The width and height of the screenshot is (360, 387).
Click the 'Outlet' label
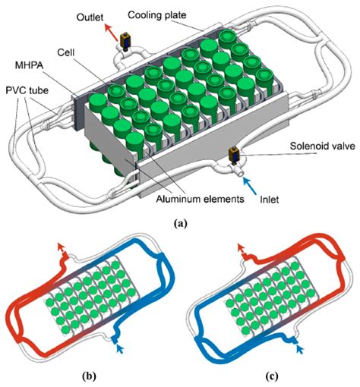click(90, 17)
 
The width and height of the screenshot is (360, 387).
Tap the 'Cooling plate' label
click(157, 15)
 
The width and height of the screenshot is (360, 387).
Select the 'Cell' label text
click(66, 52)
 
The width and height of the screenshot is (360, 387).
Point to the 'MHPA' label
click(30, 65)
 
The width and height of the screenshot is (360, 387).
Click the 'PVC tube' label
click(27, 90)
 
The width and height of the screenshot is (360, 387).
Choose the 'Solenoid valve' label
click(323, 146)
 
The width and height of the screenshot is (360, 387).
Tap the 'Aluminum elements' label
click(200, 199)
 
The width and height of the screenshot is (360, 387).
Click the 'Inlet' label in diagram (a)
click(270, 200)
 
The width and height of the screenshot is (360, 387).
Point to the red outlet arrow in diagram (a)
click(112, 32)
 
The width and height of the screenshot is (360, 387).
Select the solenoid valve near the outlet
click(125, 41)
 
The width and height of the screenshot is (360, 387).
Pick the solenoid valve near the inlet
click(234, 156)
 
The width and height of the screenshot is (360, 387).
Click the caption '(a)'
click(181, 224)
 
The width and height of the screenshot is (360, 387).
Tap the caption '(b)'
click(89, 376)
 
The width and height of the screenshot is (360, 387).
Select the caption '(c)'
click(272, 376)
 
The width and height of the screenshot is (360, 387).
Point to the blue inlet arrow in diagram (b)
click(120, 349)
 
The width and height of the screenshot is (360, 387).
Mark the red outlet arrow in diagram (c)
click(241, 248)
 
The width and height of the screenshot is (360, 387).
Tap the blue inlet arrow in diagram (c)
click(300, 349)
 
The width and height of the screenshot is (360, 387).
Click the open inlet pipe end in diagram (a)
click(240, 174)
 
